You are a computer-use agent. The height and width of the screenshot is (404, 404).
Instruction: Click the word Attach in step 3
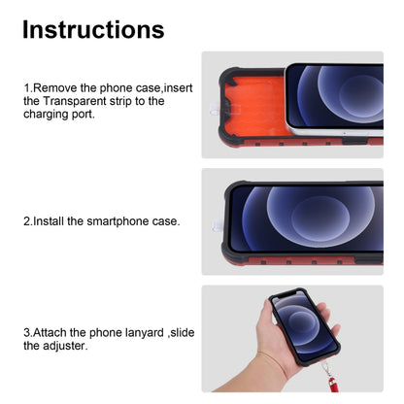(54, 332)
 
